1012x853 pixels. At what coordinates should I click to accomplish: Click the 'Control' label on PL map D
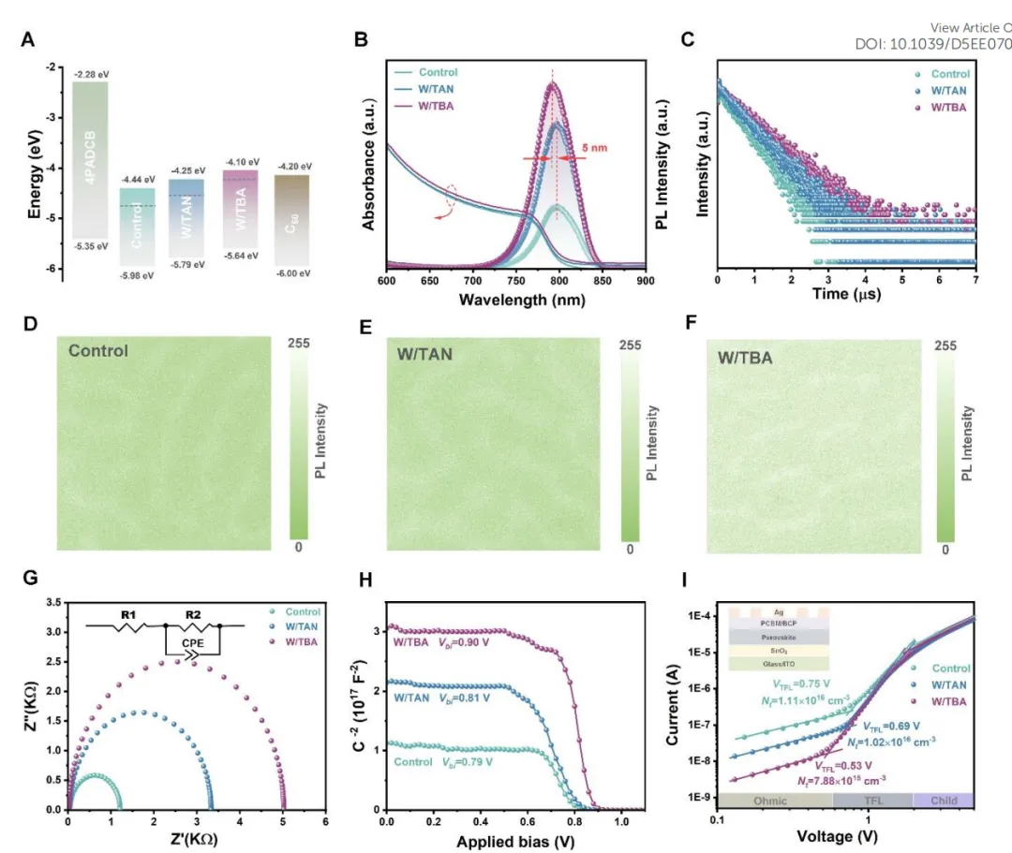pos(97,351)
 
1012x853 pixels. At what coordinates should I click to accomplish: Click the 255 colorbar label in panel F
pos(947,346)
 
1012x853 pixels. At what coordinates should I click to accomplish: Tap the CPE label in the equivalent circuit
pos(191,645)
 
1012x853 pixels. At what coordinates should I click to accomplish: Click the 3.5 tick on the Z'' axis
pos(52,604)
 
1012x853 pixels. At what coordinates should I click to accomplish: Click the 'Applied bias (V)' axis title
pos(514,841)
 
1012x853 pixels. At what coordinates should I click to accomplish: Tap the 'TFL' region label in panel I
pos(871,801)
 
